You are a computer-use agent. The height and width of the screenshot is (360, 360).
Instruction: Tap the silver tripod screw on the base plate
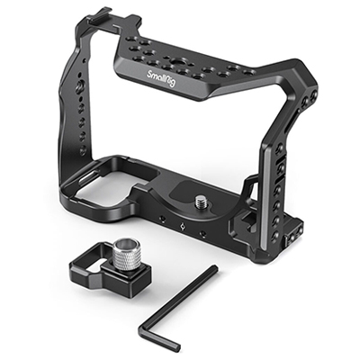(200, 201)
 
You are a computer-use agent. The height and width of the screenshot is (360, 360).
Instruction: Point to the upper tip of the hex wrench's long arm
(215, 267)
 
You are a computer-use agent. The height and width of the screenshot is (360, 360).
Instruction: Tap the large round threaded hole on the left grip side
(82, 85)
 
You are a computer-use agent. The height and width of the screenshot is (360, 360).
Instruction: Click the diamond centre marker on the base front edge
(183, 227)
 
